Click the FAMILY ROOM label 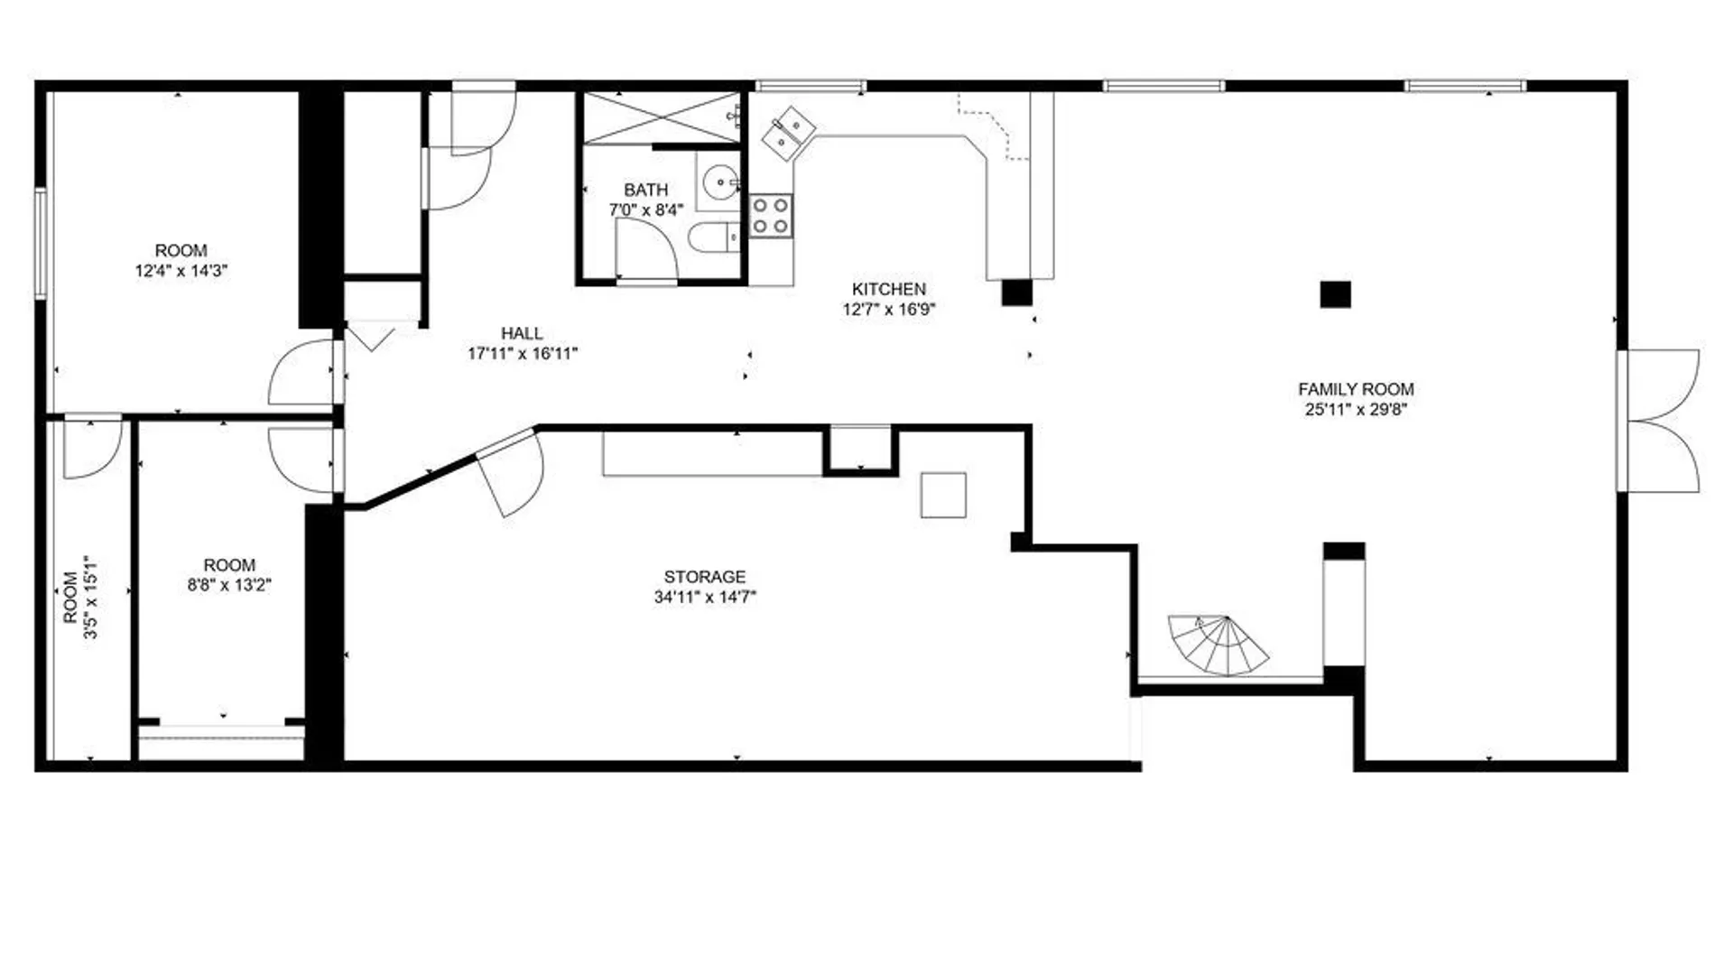click(1356, 389)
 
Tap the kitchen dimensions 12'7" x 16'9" click(889, 309)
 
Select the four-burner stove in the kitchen click(771, 216)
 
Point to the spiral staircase click(1218, 645)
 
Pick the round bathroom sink click(720, 181)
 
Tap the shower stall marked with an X click(661, 117)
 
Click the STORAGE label click(704, 576)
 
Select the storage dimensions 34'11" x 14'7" click(705, 597)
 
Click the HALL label click(522, 333)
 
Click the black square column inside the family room click(1335, 294)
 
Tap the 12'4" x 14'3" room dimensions click(181, 270)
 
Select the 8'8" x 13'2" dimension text click(229, 585)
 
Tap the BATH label click(645, 190)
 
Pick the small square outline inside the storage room click(943, 495)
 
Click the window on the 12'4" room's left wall click(41, 242)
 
